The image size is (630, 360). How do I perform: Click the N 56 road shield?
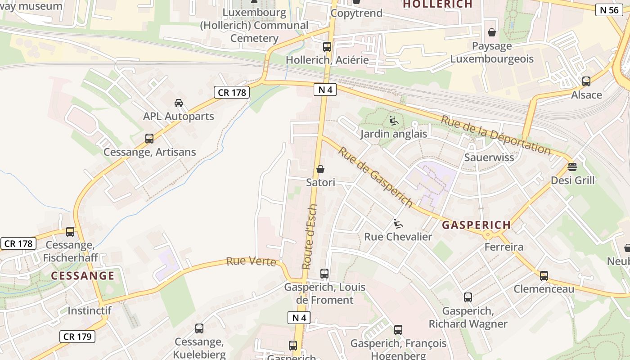point(610,10)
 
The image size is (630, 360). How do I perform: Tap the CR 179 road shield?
point(77,336)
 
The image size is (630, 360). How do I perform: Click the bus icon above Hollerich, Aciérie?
point(327,46)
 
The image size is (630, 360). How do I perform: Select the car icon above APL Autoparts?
point(179,103)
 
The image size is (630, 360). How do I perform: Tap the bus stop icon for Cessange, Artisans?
point(149,139)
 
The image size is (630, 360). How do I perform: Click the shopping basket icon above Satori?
point(320,169)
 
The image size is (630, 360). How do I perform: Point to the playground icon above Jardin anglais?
point(394,120)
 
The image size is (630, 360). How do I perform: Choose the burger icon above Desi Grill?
point(572,167)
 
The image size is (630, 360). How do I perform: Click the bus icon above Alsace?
point(586,81)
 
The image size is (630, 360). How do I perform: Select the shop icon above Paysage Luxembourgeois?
point(492,32)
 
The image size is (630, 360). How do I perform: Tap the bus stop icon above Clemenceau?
point(544,275)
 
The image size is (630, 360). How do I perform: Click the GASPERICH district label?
point(477,225)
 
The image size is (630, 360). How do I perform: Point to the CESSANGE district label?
point(83,276)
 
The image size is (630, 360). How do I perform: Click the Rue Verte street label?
point(251,261)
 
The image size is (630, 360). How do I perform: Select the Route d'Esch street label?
point(310,237)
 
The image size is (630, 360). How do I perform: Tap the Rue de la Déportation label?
point(495,135)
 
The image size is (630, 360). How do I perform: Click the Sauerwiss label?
point(489,157)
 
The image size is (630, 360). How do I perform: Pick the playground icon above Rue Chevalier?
point(398,223)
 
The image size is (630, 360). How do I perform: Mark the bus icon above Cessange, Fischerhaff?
point(70,232)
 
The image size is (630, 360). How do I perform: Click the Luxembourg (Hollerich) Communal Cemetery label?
point(254,26)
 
